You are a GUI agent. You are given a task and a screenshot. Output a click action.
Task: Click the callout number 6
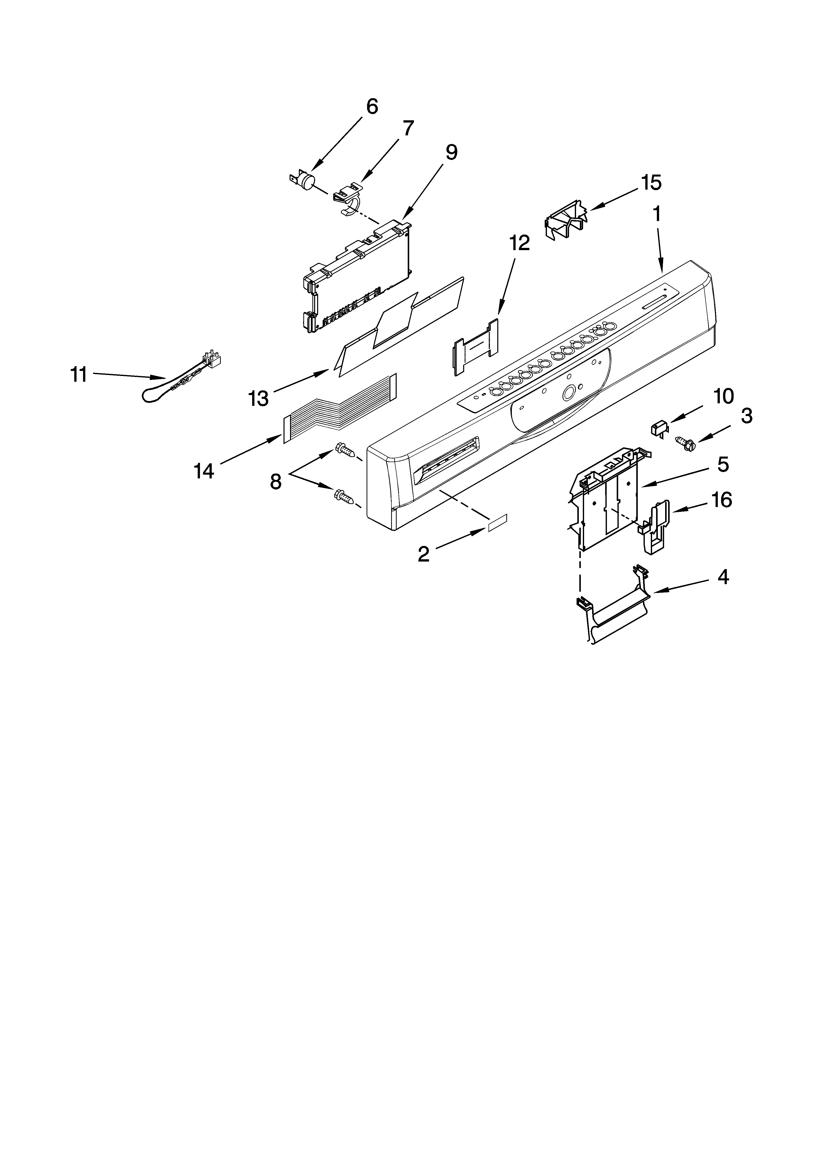(372, 106)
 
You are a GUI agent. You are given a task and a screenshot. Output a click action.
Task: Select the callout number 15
(651, 183)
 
